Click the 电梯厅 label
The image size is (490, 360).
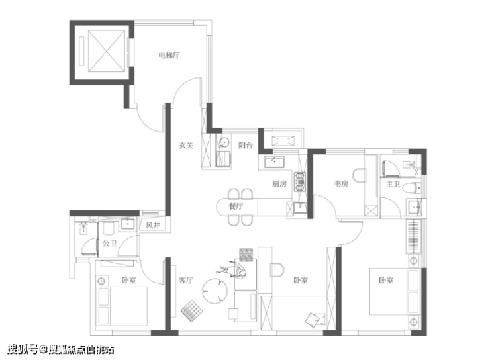click(x=169, y=56)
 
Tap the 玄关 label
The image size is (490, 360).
click(x=186, y=146)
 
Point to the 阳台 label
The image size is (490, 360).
click(x=245, y=146)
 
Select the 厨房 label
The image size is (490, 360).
click(x=279, y=184)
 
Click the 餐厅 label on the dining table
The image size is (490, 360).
click(x=236, y=206)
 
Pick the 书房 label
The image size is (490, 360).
click(x=341, y=184)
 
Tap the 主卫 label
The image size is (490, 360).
click(x=393, y=184)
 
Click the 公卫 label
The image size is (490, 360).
click(x=110, y=243)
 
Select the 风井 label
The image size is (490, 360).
click(x=153, y=225)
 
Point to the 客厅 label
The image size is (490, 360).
click(x=186, y=280)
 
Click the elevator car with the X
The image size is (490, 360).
click(x=107, y=51)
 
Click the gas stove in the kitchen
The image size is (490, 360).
click(x=299, y=182)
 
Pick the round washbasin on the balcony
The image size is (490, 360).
click(x=224, y=143)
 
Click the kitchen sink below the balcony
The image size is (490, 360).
click(x=274, y=162)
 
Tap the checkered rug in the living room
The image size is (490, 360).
click(x=192, y=311)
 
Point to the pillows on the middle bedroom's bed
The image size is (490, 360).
click(x=315, y=320)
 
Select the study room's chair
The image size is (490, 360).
click(x=360, y=175)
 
